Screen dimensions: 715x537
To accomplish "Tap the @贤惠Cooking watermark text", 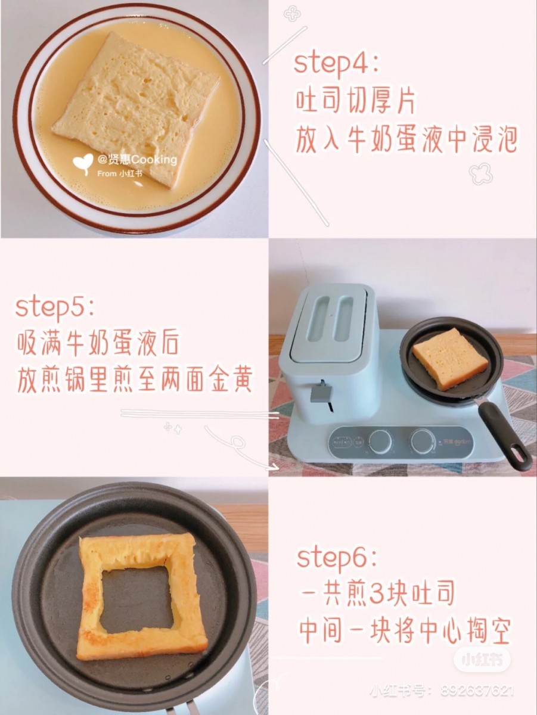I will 137,160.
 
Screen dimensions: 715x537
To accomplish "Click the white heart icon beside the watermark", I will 83,161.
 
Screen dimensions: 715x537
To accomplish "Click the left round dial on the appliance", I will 380,442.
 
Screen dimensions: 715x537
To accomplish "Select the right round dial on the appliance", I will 423,442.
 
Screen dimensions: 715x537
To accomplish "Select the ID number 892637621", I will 477,691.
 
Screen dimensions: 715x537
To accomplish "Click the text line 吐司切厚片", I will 355,102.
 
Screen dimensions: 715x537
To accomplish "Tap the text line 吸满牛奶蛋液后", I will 98,344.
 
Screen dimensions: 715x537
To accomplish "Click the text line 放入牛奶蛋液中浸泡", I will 407,141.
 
